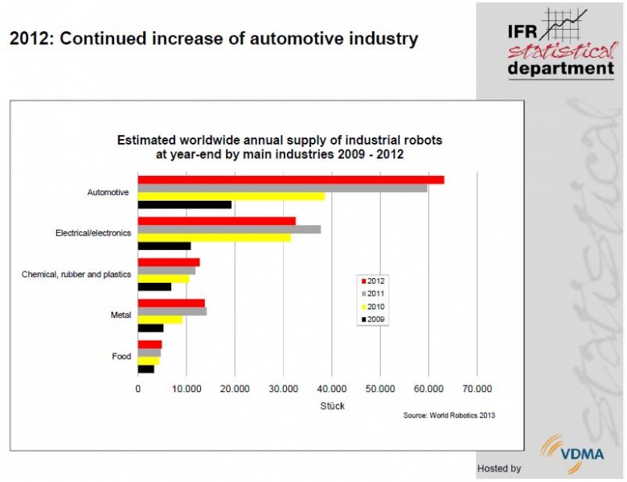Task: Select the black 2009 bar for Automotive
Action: tap(185, 205)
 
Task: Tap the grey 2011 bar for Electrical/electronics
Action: tap(229, 229)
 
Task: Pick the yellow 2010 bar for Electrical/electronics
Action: tap(215, 237)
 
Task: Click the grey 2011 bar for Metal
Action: tap(172, 311)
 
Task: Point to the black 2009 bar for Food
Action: tap(146, 369)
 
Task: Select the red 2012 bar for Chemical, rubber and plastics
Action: tap(169, 262)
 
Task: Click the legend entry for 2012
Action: tap(374, 280)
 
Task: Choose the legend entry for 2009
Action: tap(374, 319)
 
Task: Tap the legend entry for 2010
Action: tap(374, 306)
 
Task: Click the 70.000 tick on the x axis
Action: tap(477, 389)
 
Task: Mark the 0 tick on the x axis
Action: tap(138, 389)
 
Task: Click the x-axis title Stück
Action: tap(331, 406)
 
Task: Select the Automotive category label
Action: tap(108, 193)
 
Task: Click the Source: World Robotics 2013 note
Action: tap(449, 416)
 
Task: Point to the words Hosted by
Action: tap(499, 468)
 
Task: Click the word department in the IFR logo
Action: tap(560, 69)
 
